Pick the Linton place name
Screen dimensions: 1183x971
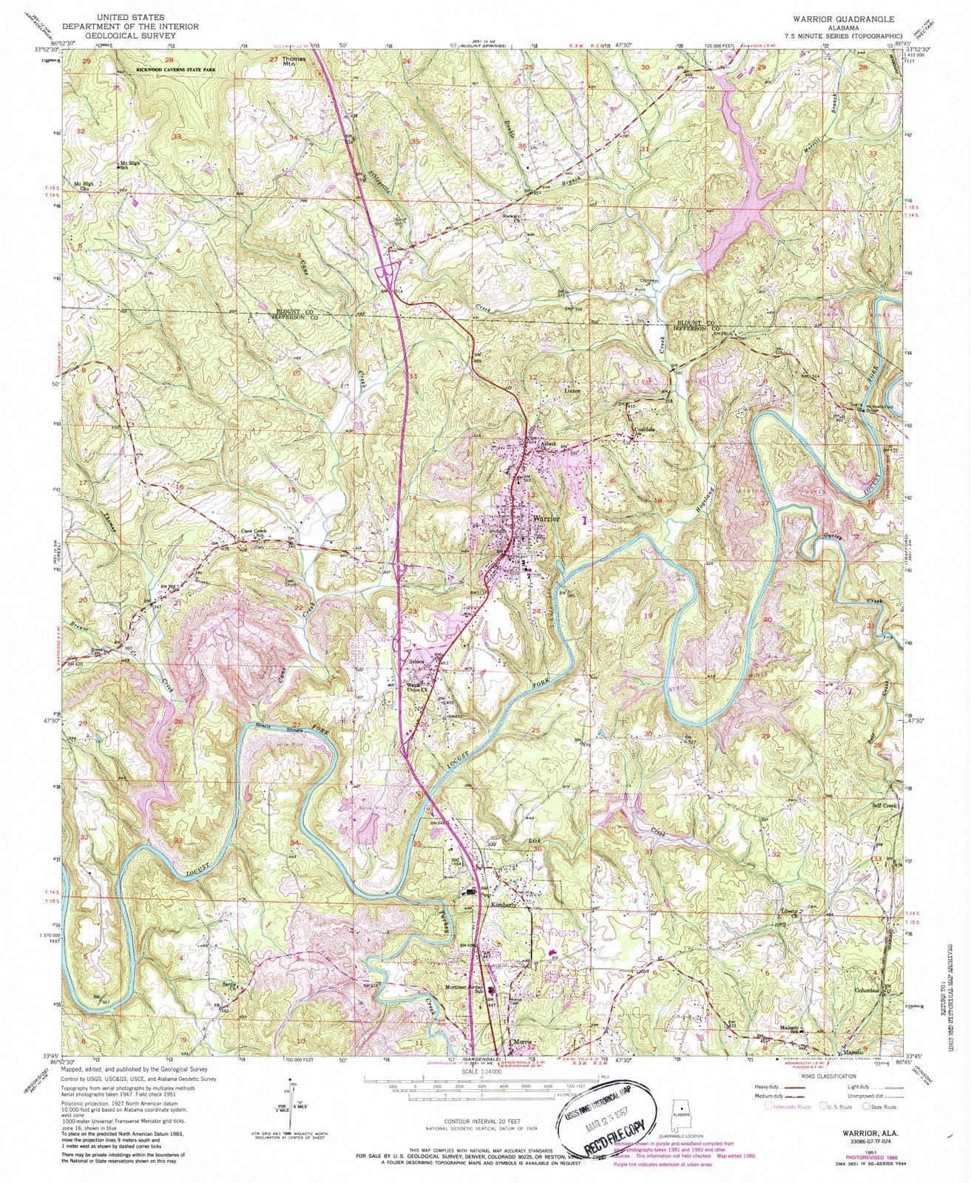[x=572, y=390]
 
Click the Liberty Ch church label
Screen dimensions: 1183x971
[x=790, y=912]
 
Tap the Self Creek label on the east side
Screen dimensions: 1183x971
[x=884, y=805]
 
